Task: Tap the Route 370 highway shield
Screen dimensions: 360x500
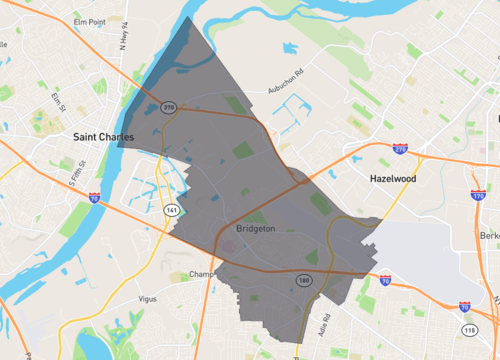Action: click(x=169, y=106)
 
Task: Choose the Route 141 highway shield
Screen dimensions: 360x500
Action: click(x=171, y=209)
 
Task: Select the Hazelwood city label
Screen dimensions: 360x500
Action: click(x=385, y=179)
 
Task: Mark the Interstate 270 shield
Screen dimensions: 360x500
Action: click(x=400, y=148)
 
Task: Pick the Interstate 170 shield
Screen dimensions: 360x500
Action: click(x=477, y=196)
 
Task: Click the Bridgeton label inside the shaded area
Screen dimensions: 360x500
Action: click(x=257, y=228)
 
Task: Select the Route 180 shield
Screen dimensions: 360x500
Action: click(x=303, y=281)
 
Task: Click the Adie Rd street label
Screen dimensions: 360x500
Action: click(x=322, y=321)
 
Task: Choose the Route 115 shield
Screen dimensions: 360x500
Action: click(x=470, y=329)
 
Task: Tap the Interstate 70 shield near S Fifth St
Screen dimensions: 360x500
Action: click(x=94, y=198)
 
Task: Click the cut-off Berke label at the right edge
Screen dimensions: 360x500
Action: click(x=490, y=235)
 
